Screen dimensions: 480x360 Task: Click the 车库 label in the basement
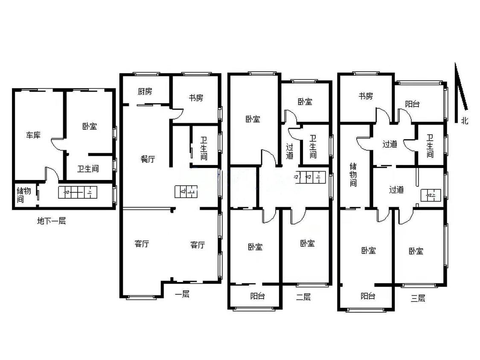click(33, 135)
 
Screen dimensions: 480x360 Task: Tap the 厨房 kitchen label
click(145, 91)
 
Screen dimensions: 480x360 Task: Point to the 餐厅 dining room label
click(148, 159)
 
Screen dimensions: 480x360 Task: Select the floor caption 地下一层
click(51, 221)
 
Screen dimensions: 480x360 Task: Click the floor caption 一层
click(182, 294)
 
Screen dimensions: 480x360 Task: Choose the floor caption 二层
click(303, 296)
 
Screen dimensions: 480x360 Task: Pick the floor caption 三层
click(418, 298)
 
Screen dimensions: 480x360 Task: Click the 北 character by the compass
click(465, 120)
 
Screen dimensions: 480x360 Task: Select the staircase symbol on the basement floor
click(78, 192)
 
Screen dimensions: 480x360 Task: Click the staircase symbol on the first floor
click(186, 192)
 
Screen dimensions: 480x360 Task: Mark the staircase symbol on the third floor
click(431, 195)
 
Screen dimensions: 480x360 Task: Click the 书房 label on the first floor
click(196, 98)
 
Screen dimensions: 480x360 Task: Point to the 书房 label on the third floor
click(366, 96)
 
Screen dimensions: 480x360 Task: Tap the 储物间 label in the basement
click(23, 195)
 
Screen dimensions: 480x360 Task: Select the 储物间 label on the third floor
click(353, 175)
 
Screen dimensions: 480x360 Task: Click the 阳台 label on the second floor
click(257, 296)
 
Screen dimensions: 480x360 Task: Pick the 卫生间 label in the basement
click(88, 168)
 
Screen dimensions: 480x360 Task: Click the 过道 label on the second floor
click(290, 151)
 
